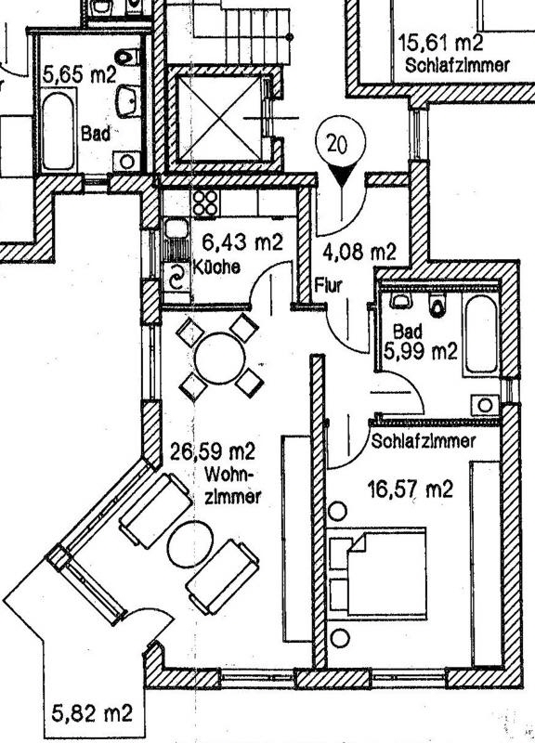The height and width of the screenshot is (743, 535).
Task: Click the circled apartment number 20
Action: [x=340, y=143]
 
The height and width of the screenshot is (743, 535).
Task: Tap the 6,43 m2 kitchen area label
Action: [x=242, y=242]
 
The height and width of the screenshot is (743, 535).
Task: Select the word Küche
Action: [x=216, y=267]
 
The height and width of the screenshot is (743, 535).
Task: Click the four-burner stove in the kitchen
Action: [x=205, y=202]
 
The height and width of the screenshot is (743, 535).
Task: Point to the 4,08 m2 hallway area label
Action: [x=359, y=251]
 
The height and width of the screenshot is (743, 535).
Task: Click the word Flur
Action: [x=328, y=285]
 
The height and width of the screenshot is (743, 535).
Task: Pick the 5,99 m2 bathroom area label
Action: [x=421, y=352]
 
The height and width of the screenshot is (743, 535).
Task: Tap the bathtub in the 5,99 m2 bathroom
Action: [x=481, y=334]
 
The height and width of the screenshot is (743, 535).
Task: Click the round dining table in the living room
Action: [x=220, y=358]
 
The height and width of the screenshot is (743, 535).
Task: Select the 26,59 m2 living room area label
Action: [x=213, y=451]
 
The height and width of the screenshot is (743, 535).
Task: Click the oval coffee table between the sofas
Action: [x=190, y=544]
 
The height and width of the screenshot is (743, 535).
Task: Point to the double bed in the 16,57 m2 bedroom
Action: [x=378, y=572]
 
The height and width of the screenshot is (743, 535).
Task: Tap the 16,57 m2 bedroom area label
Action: [x=411, y=489]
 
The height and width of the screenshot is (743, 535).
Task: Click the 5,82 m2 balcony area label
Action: [x=91, y=712]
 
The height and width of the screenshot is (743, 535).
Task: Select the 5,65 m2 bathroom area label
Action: [x=79, y=74]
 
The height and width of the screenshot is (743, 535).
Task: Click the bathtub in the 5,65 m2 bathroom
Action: [x=58, y=131]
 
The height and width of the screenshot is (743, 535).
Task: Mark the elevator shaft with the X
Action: [x=219, y=118]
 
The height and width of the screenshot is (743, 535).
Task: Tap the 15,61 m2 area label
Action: [x=440, y=43]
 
